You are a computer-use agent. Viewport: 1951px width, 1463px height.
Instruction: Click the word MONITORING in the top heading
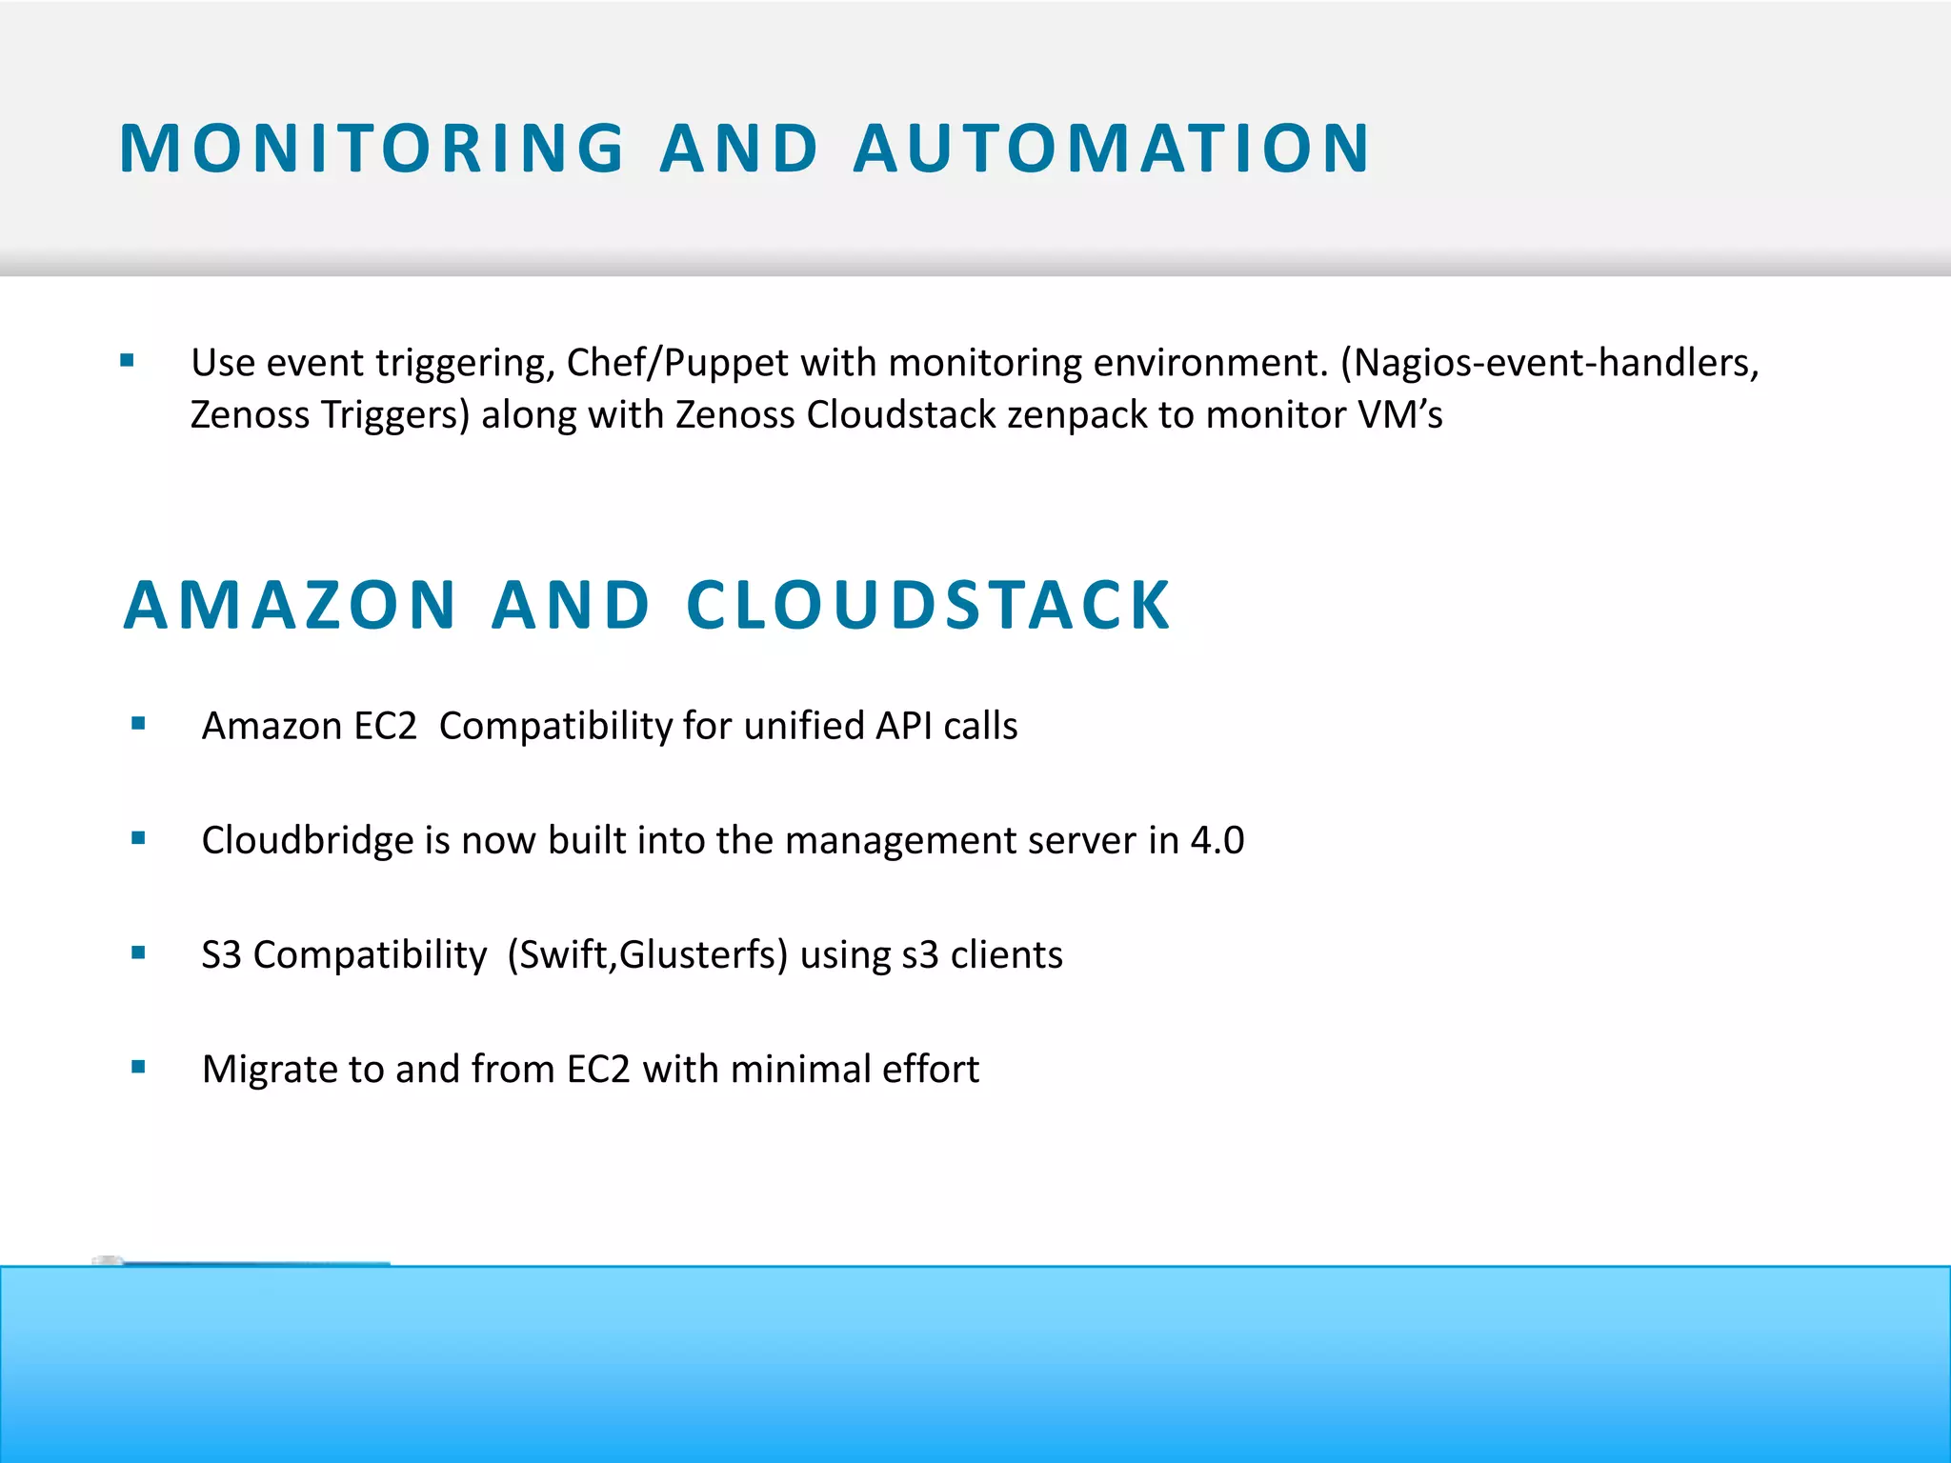[x=372, y=150]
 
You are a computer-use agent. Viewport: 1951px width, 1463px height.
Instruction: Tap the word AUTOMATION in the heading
[x=1112, y=150]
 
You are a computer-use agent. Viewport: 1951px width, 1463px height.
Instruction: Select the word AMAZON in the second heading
[x=291, y=606]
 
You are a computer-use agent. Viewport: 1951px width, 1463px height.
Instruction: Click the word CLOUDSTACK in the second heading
[x=929, y=606]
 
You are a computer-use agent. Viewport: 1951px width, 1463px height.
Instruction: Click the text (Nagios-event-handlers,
[x=1549, y=364]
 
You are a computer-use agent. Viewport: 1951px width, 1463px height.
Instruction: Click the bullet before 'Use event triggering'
[x=128, y=361]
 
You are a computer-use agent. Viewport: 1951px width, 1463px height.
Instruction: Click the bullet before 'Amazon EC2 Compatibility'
[x=139, y=724]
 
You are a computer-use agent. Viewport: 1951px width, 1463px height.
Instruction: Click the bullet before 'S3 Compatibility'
[x=139, y=952]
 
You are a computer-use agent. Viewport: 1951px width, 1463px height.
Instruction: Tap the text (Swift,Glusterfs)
[x=647, y=955]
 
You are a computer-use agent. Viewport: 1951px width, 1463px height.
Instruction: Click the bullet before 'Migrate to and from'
[x=139, y=1067]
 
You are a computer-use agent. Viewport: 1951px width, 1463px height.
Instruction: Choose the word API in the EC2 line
[x=904, y=727]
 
